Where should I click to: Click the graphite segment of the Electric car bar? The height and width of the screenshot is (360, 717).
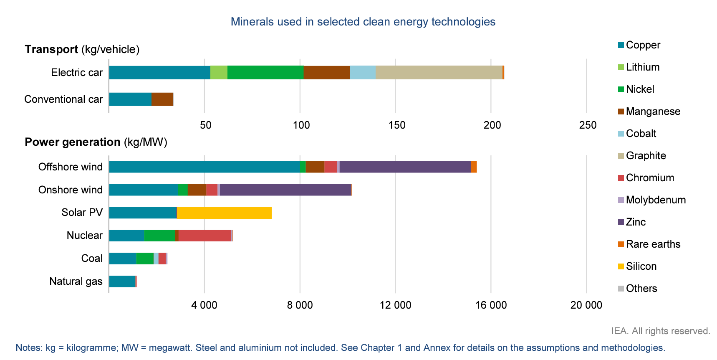pyautogui.click(x=439, y=72)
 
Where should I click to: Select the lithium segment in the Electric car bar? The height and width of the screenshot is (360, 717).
pyautogui.click(x=219, y=72)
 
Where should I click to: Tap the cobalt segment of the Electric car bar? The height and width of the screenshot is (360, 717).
pyautogui.click(x=363, y=72)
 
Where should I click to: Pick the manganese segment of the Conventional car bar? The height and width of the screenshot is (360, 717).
pyautogui.click(x=162, y=99)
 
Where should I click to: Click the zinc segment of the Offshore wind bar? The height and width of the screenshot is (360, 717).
pyautogui.click(x=405, y=167)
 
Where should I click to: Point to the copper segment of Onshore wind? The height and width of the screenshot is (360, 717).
pyautogui.click(x=144, y=190)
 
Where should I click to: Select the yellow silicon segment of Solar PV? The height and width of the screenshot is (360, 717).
pyautogui.click(x=224, y=213)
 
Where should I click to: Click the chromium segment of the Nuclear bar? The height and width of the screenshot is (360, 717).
pyautogui.click(x=204, y=236)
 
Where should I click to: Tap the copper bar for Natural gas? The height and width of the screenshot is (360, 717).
pyautogui.click(x=122, y=281)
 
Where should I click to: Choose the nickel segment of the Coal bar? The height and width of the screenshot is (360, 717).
pyautogui.click(x=145, y=259)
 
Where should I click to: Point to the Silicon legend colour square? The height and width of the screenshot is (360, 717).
pyautogui.click(x=621, y=266)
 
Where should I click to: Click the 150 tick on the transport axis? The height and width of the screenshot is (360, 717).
pyautogui.click(x=396, y=125)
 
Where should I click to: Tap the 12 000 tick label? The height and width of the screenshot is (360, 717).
pyautogui.click(x=395, y=305)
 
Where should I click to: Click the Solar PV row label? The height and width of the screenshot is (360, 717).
pyautogui.click(x=82, y=212)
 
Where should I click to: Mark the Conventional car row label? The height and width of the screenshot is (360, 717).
pyautogui.click(x=63, y=99)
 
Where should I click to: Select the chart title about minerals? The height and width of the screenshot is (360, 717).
pyautogui.click(x=363, y=22)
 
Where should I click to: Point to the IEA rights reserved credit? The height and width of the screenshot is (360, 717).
pyautogui.click(x=660, y=331)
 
